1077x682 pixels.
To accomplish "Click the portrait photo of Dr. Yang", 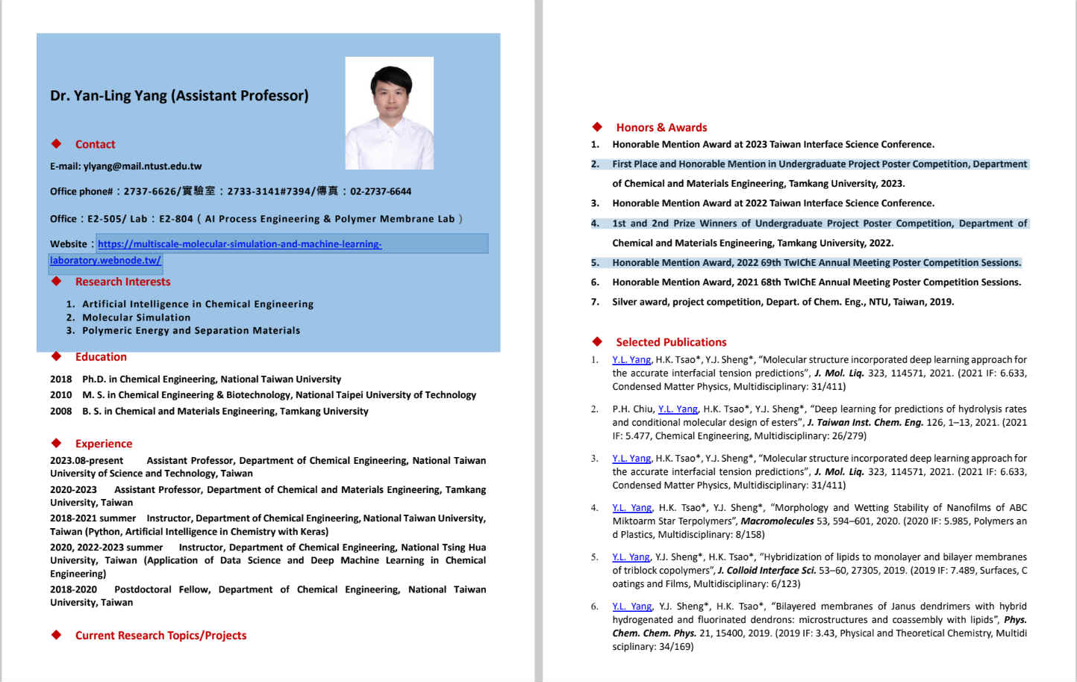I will click(x=389, y=113).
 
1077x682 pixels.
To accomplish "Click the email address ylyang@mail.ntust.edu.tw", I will click(x=143, y=167).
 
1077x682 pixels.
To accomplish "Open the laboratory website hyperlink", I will click(x=239, y=244).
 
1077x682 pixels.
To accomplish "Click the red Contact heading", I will click(x=95, y=144).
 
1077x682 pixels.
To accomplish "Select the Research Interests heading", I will click(x=122, y=282).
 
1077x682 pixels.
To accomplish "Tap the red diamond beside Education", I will click(x=56, y=356).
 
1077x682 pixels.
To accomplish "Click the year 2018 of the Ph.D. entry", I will click(x=60, y=379).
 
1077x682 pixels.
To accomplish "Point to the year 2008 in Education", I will click(x=60, y=412).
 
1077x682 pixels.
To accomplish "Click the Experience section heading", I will click(x=103, y=444).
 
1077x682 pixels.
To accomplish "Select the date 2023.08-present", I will click(x=87, y=461).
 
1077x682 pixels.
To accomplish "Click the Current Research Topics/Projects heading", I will click(x=160, y=636).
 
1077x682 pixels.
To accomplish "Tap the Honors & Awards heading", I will click(x=661, y=128).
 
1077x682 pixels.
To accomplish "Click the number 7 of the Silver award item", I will click(x=595, y=303).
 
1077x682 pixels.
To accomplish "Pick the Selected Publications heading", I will click(x=671, y=342).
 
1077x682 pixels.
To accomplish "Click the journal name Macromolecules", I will click(x=777, y=521).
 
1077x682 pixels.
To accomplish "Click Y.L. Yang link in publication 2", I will click(x=678, y=409).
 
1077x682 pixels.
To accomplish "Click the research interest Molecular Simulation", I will click(x=136, y=317).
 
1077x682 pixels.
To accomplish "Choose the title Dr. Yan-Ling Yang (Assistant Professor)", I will click(x=179, y=96).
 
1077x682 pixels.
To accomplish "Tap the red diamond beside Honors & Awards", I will click(x=597, y=127).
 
